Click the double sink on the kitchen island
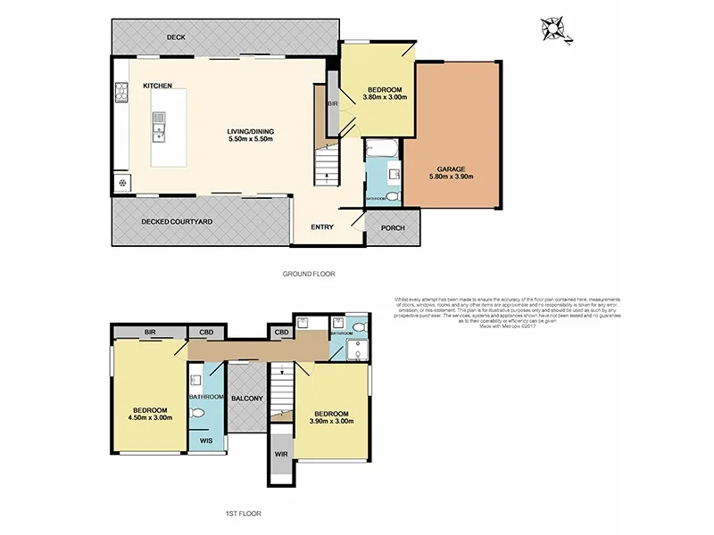159,127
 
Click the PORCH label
393,227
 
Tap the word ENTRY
322,227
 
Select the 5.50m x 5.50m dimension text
250,139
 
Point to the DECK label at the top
175,37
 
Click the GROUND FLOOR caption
308,274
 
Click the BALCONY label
245,398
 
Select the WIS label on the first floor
205,440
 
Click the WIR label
280,453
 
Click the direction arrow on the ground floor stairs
328,174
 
